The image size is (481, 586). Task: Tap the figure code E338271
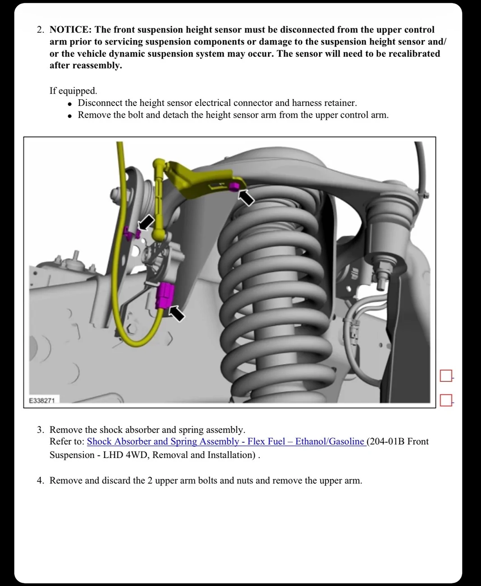[42, 400]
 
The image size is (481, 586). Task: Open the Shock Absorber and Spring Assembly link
[226, 442]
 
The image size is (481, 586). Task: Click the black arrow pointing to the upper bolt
[246, 197]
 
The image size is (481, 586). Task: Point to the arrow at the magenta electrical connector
[177, 313]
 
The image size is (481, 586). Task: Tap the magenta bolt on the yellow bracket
[234, 187]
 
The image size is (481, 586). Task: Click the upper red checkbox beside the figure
[445, 375]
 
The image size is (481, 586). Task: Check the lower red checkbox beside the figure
[445, 400]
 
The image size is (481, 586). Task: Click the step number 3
[40, 430]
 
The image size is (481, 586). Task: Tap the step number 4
[40, 481]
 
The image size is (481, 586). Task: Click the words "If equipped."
[73, 91]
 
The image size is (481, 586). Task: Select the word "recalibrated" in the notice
[411, 54]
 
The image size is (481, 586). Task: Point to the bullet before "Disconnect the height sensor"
[69, 104]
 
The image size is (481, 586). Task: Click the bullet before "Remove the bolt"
[69, 116]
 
